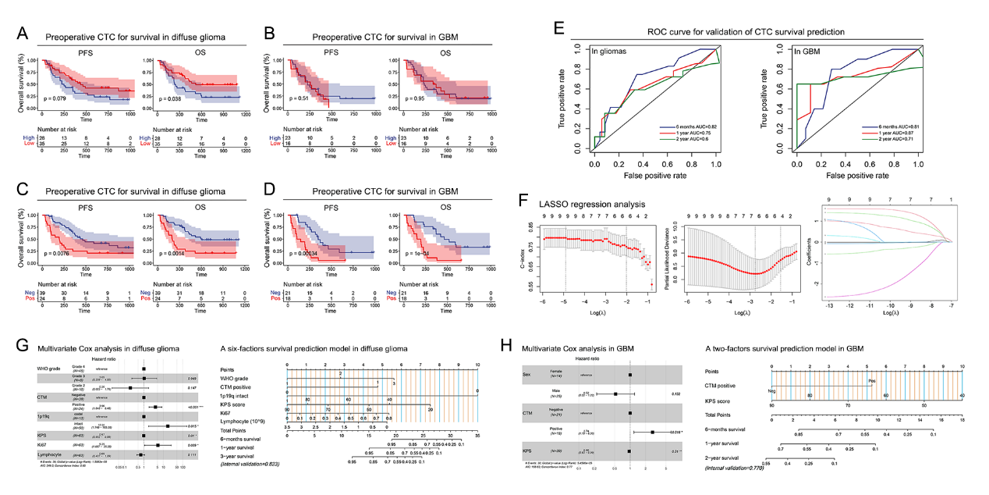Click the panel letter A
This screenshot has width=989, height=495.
[x=23, y=34]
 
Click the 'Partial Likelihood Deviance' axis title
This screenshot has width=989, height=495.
[x=665, y=258]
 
